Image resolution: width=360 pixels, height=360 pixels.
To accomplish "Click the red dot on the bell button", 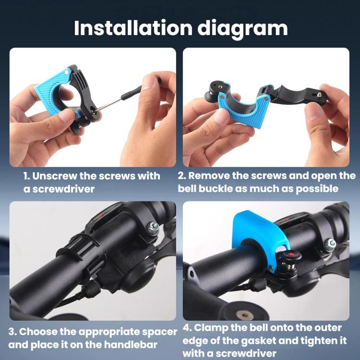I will pyautogui.click(x=291, y=253).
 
